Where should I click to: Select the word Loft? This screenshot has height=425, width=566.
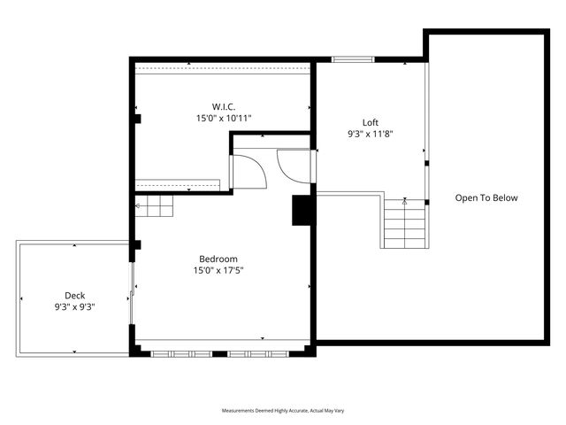pos(371,122)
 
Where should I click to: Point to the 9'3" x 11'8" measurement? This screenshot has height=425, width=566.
pos(371,135)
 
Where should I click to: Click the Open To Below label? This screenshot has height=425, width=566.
pos(486,197)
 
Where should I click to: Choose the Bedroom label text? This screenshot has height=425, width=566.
pos(218,259)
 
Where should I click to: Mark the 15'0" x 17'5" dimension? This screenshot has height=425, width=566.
pos(218,270)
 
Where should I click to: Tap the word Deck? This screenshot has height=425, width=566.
pos(74,296)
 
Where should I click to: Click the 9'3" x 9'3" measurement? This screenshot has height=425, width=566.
pos(74,307)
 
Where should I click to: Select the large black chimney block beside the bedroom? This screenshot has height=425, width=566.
pos(302,210)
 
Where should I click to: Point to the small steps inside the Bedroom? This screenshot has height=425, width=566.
pos(156,207)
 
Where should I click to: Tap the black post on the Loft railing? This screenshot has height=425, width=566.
pos(426,164)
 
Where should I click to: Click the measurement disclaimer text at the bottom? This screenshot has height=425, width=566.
pos(282,412)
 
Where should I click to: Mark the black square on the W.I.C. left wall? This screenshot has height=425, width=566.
pos(137,118)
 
